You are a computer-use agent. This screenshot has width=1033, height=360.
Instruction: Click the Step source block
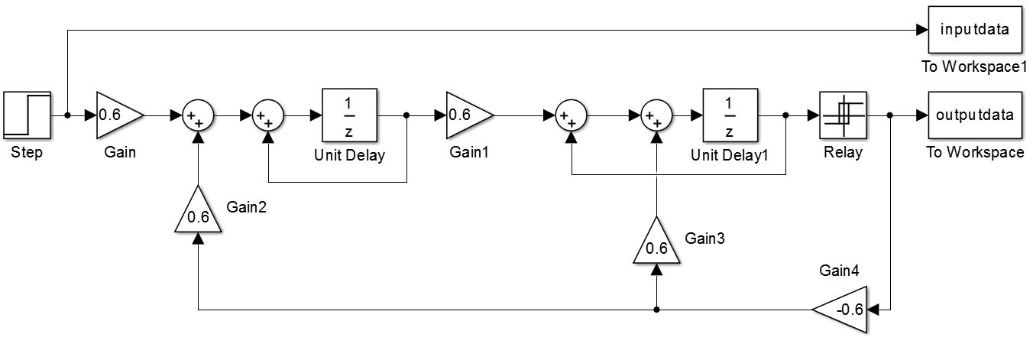point(27,115)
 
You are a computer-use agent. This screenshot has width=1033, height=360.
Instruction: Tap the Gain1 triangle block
point(468,115)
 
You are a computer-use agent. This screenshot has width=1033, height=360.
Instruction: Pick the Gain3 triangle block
point(656,243)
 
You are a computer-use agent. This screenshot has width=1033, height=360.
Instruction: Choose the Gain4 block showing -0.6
point(841,310)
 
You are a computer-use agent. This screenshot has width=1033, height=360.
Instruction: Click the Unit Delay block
point(349,115)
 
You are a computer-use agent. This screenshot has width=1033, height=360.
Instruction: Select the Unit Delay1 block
point(730,115)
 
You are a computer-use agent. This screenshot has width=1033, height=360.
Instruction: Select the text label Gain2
point(246,207)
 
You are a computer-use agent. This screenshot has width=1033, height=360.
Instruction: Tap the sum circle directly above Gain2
point(198,116)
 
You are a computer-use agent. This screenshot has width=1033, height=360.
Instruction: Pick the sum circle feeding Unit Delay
point(268,116)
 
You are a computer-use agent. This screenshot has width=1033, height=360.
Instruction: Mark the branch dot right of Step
point(67,115)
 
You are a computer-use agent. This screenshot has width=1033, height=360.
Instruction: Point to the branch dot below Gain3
point(656,310)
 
